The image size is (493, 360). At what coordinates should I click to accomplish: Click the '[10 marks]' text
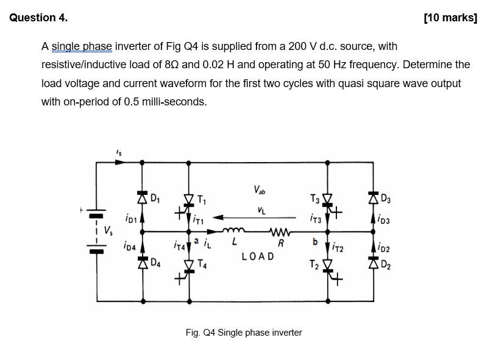coord(450,18)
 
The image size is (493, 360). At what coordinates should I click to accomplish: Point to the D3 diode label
coord(384,197)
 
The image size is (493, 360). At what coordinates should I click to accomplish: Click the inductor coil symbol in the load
coord(232,231)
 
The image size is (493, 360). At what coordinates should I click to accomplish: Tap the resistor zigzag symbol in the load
coord(281,231)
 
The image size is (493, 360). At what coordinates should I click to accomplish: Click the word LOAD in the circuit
coord(257,256)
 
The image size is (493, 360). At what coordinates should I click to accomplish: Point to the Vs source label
coord(108,231)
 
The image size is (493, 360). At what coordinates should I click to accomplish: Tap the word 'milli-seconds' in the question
coord(174,101)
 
